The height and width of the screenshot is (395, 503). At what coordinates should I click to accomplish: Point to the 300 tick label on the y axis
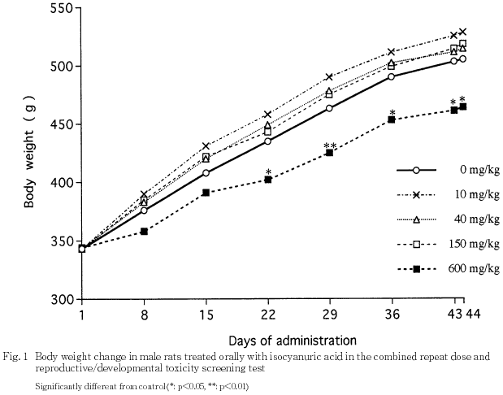coord(59,299)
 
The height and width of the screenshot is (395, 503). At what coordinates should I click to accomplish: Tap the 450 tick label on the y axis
coord(59,124)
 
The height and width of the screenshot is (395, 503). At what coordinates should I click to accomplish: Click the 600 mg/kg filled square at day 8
coord(144,232)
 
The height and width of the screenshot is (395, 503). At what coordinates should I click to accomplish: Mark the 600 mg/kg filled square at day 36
coord(392,119)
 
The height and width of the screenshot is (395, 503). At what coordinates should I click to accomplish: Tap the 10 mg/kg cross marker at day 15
coord(206,146)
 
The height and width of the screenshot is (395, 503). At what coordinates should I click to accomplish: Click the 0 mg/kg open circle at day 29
coord(329,108)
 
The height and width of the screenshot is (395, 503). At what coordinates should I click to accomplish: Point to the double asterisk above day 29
coord(330,146)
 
